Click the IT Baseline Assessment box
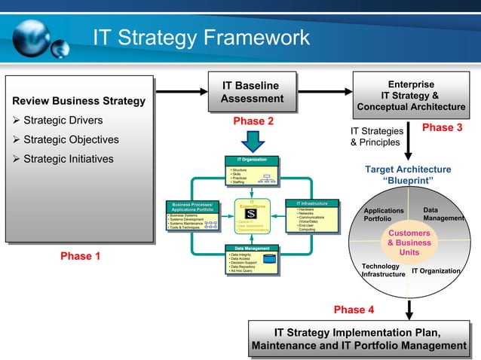[252, 92]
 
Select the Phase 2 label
[252, 121]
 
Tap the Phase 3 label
[442, 128]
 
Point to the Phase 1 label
[81, 256]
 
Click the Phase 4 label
[354, 310]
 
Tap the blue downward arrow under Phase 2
[252, 141]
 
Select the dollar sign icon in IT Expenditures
[251, 213]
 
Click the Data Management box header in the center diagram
[252, 248]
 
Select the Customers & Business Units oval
[409, 243]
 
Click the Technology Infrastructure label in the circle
[383, 270]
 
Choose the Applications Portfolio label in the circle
[384, 215]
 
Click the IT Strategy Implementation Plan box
[358, 339]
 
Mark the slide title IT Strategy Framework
[201, 37]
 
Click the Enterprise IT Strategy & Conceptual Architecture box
[411, 96]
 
